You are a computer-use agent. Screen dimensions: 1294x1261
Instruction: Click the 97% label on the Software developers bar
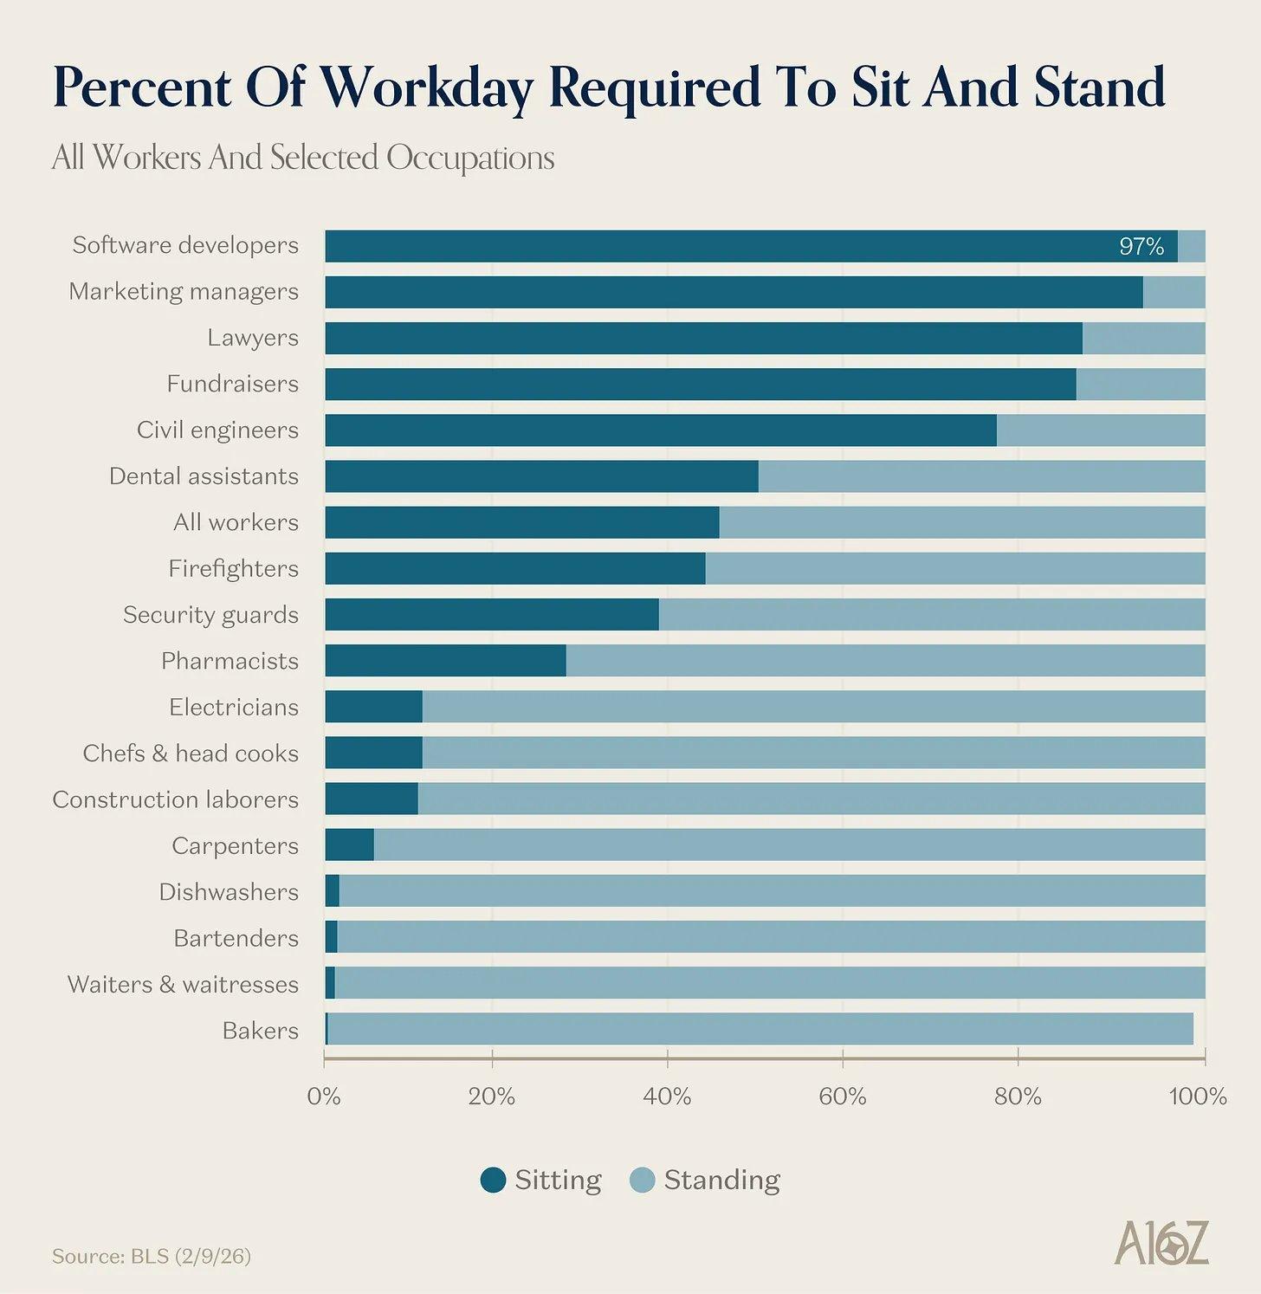click(x=1141, y=247)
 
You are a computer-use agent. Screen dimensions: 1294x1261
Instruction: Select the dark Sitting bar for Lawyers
click(x=703, y=339)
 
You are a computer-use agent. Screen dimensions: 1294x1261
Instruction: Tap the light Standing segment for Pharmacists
click(x=885, y=661)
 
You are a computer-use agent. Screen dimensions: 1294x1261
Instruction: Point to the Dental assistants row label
click(x=204, y=476)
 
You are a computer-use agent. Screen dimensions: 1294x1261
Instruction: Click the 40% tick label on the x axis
click(x=667, y=1097)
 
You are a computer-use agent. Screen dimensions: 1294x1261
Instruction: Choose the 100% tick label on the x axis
click(x=1198, y=1097)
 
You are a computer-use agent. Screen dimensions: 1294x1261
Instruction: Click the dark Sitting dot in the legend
click(x=493, y=1180)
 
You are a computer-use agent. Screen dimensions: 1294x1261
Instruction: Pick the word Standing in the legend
click(x=721, y=1180)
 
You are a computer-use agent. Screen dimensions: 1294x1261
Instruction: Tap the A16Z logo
click(x=1161, y=1243)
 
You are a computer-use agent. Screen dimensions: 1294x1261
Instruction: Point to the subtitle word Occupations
click(x=470, y=158)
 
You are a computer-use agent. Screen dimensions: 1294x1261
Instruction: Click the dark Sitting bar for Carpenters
click(x=350, y=844)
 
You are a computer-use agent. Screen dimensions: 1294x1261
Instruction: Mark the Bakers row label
click(x=260, y=1031)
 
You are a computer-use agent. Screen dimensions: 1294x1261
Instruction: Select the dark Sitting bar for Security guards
click(x=492, y=615)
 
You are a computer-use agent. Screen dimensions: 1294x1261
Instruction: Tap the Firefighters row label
click(x=233, y=569)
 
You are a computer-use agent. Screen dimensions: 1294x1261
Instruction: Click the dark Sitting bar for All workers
click(x=522, y=523)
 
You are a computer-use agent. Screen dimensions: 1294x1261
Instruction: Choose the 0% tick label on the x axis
click(x=324, y=1097)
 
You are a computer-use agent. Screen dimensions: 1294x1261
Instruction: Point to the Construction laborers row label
click(x=175, y=799)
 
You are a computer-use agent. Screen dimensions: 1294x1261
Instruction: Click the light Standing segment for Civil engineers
click(x=1101, y=430)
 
